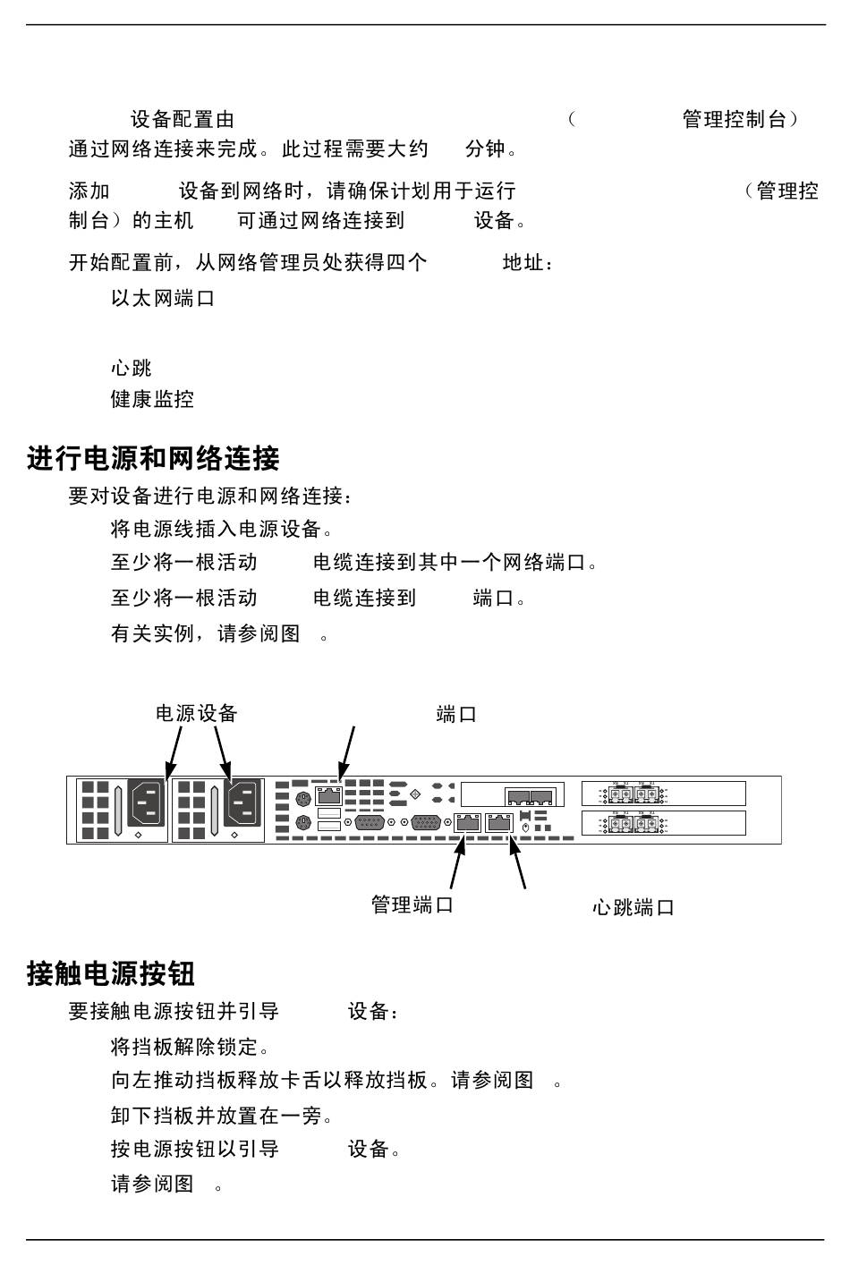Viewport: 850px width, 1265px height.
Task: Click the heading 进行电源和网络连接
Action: tap(153, 459)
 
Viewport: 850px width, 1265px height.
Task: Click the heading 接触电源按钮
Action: tap(111, 973)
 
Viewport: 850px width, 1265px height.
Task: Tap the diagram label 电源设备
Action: tap(197, 713)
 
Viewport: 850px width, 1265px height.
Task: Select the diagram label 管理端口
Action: tap(412, 904)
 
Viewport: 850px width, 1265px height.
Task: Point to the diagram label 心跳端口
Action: tap(633, 908)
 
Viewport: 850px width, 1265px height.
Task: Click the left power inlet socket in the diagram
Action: tap(147, 802)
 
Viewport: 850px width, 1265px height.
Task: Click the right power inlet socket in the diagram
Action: tap(242, 802)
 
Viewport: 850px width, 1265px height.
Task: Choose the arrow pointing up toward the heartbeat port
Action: tap(516, 861)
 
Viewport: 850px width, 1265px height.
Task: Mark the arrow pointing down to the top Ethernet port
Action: tap(346, 751)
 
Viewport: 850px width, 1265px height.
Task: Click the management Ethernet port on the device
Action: tap(468, 823)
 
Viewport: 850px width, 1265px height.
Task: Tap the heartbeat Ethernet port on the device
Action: tap(498, 823)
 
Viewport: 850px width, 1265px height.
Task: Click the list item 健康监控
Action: tap(152, 399)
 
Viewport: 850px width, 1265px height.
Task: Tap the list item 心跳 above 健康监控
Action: tap(132, 368)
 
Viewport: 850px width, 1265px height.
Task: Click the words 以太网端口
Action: tap(163, 298)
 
